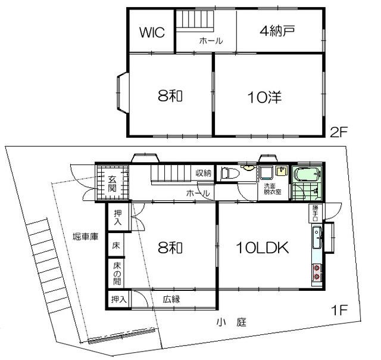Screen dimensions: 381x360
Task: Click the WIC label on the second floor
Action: pos(152,32)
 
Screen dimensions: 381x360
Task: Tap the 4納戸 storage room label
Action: pos(277,31)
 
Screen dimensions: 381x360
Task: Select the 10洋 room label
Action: pos(264,97)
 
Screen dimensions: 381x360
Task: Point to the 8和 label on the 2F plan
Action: pos(170,95)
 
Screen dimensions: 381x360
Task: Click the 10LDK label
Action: pos(263,247)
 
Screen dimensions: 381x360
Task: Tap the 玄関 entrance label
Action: pos(112,184)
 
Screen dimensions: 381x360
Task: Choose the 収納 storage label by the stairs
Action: pos(204,173)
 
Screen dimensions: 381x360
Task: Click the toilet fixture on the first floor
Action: pos(230,174)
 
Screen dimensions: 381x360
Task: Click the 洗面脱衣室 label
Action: pos(273,189)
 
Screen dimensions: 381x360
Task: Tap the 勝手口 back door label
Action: pos(315,213)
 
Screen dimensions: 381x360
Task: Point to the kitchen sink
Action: pos(317,237)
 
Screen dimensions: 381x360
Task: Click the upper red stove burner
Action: pos(317,268)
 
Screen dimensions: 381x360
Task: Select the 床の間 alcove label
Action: pos(117,274)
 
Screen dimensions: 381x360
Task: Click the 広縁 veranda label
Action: pos(171,299)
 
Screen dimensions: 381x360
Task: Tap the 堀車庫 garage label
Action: pos(86,236)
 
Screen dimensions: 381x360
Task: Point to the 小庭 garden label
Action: pos(232,322)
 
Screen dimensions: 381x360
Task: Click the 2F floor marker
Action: pos(339,132)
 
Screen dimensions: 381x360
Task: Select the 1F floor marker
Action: pos(339,310)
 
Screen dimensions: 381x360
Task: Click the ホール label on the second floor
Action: pos(211,41)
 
